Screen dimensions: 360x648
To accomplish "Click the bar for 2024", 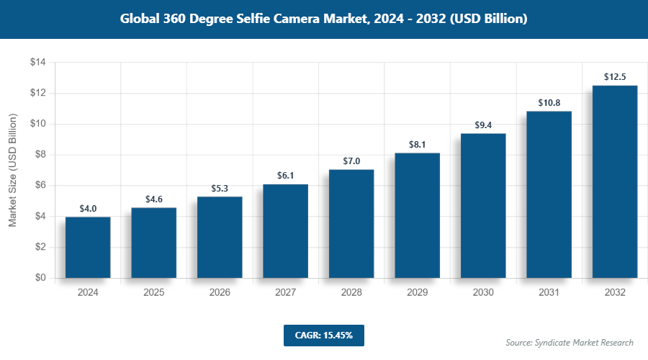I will (88, 247).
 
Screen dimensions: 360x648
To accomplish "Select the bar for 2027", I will (285, 231).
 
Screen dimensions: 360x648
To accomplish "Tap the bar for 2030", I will (483, 205).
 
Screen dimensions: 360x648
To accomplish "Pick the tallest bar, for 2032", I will (614, 181).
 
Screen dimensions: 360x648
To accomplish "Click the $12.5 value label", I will (614, 76).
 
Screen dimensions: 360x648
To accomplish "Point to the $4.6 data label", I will (153, 199).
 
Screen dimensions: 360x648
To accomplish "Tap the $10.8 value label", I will (549, 102).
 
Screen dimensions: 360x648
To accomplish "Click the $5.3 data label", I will (220, 188).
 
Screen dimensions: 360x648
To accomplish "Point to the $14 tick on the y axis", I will (37, 63).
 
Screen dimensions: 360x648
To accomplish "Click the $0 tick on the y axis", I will (40, 278).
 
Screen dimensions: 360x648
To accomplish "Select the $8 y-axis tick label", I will (40, 155).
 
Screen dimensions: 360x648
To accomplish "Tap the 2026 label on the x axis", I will (220, 293).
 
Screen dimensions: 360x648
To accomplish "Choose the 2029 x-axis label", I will (417, 293).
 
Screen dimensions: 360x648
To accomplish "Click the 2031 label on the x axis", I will (549, 293).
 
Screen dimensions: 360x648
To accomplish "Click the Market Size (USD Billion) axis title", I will (12, 170).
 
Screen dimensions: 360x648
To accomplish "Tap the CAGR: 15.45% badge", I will (323, 336).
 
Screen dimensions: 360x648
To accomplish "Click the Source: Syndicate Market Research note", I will (569, 342).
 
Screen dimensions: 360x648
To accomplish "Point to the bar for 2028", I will (351, 223).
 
